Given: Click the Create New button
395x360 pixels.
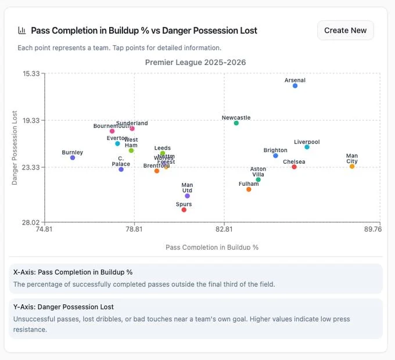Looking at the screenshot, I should (345, 30).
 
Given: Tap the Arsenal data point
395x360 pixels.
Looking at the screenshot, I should (295, 86).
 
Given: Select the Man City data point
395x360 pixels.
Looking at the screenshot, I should (352, 167).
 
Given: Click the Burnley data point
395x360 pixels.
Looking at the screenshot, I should (73, 158).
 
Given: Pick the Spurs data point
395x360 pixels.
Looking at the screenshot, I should (184, 210).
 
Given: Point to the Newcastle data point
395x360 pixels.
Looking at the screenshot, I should (236, 123).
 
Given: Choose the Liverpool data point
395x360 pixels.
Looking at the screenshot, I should (307, 147).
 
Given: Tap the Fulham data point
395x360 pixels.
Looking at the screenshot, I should (249, 189).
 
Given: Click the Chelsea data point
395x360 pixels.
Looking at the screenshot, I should (295, 167).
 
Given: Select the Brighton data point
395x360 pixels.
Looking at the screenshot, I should (276, 156).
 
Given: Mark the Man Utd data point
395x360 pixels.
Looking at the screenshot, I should (187, 196).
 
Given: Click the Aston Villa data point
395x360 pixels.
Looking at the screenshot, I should (258, 180).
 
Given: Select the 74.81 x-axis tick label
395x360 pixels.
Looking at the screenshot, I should (44, 229).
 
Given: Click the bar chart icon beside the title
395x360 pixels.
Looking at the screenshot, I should (22, 30).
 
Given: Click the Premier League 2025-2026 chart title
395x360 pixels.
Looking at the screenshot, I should (195, 62).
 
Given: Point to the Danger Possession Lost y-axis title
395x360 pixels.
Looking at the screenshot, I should (15, 147).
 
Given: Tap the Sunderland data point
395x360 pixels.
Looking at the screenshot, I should (132, 128).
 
